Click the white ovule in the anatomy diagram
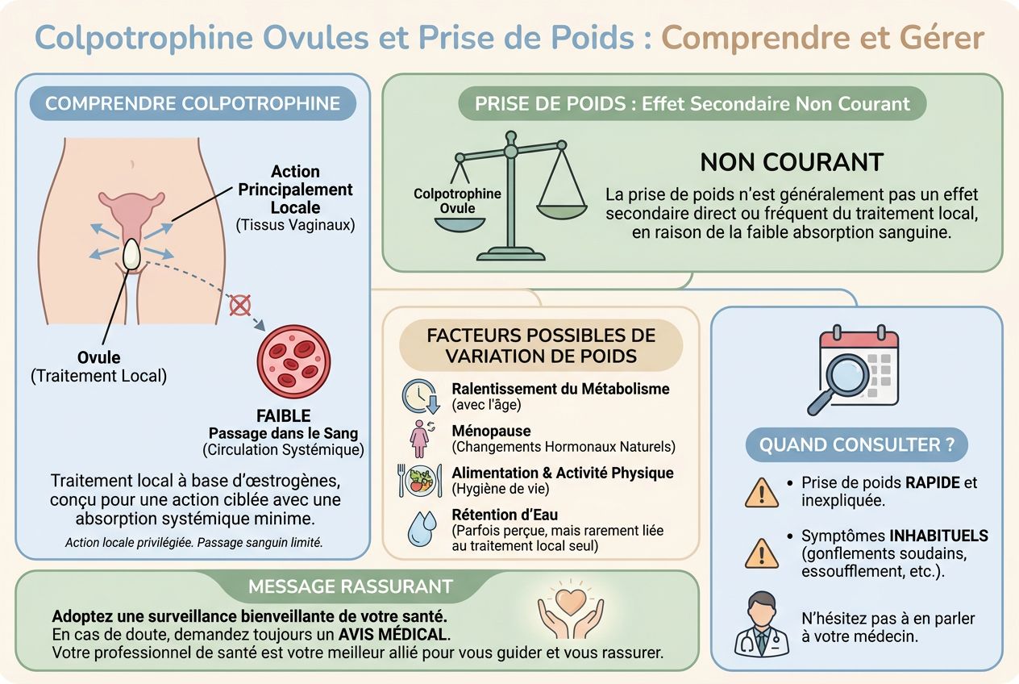(132, 254)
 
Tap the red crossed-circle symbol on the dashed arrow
(239, 305)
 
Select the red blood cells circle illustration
(294, 362)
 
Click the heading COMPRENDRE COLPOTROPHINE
(193, 103)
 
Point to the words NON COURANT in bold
(792, 162)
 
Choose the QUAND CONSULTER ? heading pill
(857, 444)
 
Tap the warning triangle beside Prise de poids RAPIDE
(762, 492)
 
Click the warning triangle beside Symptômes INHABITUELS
(762, 553)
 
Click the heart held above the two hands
(571, 600)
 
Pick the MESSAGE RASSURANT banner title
(351, 586)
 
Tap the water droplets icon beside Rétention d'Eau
(422, 528)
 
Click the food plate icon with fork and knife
(419, 481)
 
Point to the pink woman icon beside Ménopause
(420, 438)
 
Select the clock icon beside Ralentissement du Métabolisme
(421, 396)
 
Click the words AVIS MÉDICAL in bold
(394, 635)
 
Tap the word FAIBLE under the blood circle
(284, 415)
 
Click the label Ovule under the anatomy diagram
(98, 357)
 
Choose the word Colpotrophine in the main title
(143, 38)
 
